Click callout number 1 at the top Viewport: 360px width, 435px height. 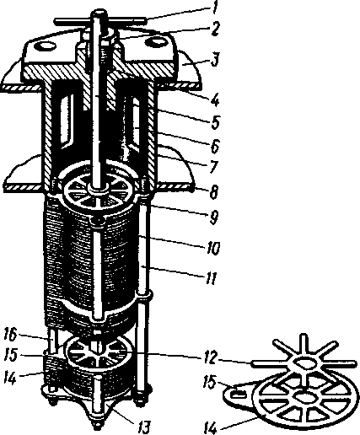click(x=214, y=8)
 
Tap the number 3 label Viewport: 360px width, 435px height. click(x=214, y=61)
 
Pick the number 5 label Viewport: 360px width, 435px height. click(x=215, y=123)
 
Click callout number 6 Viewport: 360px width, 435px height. click(x=214, y=146)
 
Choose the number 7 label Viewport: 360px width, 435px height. click(x=213, y=168)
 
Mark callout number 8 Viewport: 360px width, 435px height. click(x=213, y=192)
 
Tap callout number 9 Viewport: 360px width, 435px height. click(x=213, y=217)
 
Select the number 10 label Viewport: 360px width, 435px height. click(x=213, y=248)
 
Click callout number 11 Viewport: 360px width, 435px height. click(x=211, y=278)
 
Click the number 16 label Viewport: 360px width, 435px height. click(x=11, y=336)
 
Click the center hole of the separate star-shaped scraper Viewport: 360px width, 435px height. click(x=304, y=362)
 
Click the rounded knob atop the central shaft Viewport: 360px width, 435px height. click(x=99, y=14)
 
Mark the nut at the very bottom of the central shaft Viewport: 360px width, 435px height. click(x=97, y=426)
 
